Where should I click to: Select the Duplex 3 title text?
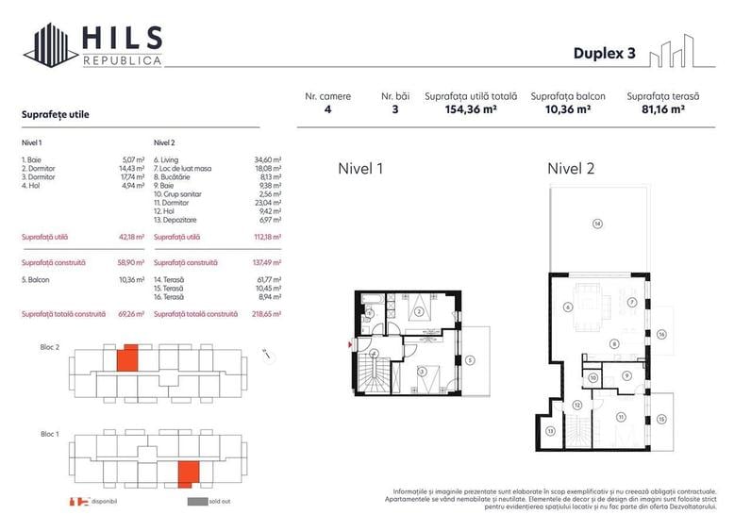click(x=604, y=53)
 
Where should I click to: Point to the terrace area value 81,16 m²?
click(x=656, y=109)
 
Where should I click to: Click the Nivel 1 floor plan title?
click(x=360, y=170)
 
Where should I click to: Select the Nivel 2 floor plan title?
click(x=571, y=170)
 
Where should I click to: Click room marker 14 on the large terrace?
click(x=597, y=224)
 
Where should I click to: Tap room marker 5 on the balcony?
click(x=470, y=359)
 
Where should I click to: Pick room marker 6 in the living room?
click(x=567, y=307)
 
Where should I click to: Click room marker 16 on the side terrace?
click(x=662, y=334)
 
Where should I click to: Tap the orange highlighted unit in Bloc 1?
click(x=190, y=471)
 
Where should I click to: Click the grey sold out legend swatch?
click(x=196, y=502)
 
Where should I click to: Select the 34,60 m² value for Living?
click(x=269, y=161)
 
